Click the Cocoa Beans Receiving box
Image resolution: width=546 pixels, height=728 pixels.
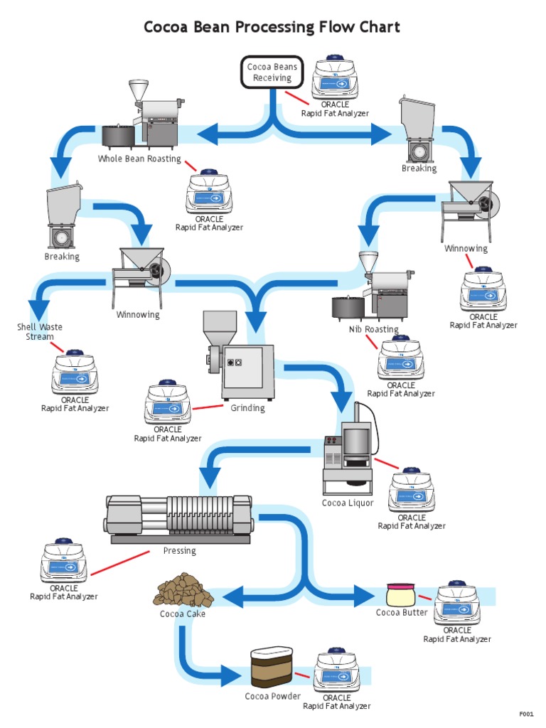[x=272, y=73]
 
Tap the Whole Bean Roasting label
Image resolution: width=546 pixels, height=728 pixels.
[x=139, y=159]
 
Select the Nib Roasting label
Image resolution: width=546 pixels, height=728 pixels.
[x=373, y=329]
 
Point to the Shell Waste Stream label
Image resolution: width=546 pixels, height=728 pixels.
[x=40, y=332]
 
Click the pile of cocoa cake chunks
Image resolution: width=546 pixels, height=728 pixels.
[x=175, y=589]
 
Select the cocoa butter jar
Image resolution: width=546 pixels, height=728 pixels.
[x=400, y=594]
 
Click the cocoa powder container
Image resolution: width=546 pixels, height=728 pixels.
[x=272, y=668]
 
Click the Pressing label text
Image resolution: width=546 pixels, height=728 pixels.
[x=179, y=551]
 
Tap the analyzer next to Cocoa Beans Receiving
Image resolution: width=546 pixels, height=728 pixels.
[x=334, y=78]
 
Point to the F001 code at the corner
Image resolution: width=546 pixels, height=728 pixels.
[x=526, y=714]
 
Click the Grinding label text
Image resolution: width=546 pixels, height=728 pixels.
[x=247, y=408]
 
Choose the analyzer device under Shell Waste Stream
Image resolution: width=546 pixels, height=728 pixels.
[x=75, y=373]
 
